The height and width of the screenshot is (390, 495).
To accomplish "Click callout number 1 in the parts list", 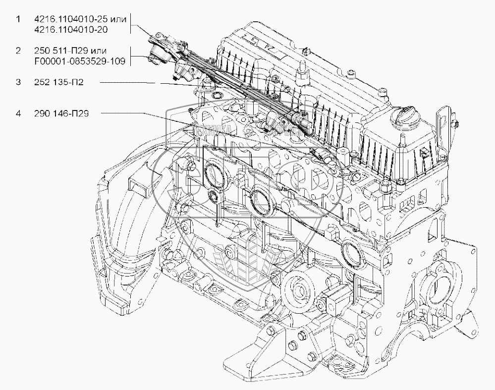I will click(18, 19).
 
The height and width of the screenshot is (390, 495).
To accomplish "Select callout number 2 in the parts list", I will click(18, 51).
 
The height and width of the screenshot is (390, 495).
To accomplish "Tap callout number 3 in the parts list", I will click(18, 82).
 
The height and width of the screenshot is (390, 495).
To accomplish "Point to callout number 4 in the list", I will click(18, 114).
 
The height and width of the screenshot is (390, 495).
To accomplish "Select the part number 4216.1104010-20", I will click(72, 30).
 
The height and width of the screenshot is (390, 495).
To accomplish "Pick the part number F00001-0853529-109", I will click(79, 61).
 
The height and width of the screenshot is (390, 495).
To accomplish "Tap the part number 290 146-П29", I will click(58, 114).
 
